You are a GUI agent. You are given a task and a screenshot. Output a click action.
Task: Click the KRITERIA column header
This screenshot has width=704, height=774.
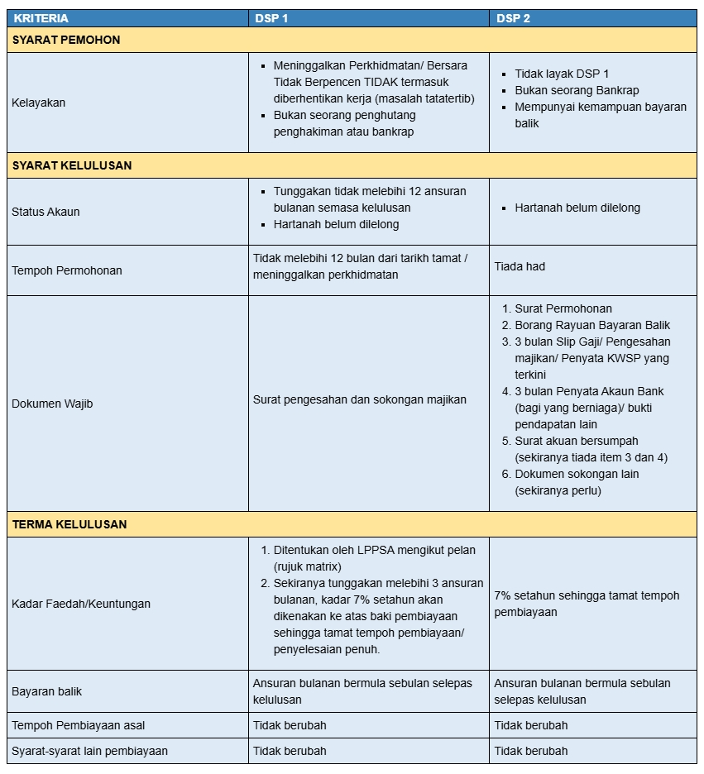point(41,18)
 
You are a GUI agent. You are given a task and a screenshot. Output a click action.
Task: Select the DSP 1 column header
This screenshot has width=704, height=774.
point(271,18)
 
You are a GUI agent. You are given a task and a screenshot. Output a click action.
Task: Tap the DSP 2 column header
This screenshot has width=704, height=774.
point(514,18)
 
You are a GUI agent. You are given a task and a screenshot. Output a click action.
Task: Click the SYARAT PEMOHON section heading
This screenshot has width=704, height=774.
point(66,40)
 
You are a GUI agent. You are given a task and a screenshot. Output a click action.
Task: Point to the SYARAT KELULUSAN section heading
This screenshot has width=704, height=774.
point(72,165)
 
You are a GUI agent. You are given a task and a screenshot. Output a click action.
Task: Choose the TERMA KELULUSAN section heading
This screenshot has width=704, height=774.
point(69,524)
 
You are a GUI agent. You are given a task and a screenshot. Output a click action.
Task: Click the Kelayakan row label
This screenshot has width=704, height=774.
point(39,103)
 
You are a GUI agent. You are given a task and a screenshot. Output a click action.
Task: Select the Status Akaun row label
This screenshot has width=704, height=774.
point(46,212)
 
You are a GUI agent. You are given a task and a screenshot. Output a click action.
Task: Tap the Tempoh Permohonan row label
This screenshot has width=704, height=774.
point(67,270)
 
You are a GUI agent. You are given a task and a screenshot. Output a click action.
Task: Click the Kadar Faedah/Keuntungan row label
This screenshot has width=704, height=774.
point(81,604)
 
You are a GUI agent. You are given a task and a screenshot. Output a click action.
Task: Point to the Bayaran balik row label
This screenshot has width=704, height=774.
point(47,691)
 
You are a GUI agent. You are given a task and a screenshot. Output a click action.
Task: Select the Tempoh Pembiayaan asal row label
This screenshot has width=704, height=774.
point(79,725)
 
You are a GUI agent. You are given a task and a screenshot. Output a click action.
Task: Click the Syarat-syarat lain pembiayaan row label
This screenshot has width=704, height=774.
point(90,751)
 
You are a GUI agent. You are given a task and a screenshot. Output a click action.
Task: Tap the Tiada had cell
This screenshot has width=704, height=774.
point(520,266)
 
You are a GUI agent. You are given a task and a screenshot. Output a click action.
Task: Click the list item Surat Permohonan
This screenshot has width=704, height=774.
point(563,308)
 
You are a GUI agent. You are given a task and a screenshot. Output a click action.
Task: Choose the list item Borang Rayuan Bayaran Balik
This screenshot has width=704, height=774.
point(592,325)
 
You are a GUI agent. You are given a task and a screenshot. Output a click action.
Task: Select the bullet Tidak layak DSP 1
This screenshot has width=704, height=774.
point(562,74)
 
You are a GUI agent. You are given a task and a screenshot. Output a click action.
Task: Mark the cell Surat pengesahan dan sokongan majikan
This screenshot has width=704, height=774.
point(360,399)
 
